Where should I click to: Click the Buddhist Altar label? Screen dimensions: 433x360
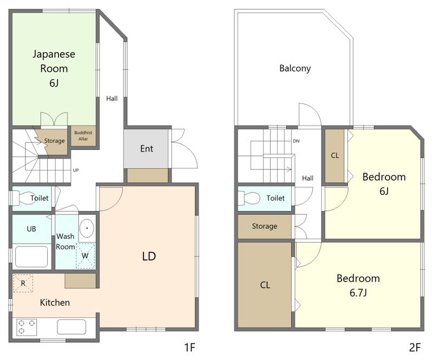[x=83, y=136]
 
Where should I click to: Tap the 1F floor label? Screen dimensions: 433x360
[x=190, y=347]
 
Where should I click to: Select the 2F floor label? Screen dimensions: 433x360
[x=415, y=347]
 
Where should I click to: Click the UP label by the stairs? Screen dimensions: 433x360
[x=76, y=170]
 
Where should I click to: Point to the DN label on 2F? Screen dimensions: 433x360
[x=296, y=141]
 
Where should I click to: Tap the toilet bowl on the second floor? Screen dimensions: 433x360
[x=248, y=198]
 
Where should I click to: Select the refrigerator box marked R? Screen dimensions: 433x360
[x=23, y=283]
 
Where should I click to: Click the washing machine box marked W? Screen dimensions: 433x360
[x=86, y=256]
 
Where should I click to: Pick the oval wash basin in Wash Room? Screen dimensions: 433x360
[x=87, y=228]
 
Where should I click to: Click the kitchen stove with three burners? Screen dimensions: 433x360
[x=27, y=327]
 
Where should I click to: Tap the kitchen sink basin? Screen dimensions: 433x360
[x=71, y=327]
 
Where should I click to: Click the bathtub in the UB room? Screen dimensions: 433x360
[x=31, y=257]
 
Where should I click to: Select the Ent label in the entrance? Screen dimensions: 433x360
[x=147, y=149]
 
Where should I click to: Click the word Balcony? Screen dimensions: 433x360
[x=295, y=68]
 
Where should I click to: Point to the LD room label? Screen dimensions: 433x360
[x=149, y=257]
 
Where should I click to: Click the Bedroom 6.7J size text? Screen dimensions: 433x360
[x=358, y=293]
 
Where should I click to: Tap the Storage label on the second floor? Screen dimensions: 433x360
[x=265, y=226]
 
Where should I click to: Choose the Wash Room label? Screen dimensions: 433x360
[x=65, y=241]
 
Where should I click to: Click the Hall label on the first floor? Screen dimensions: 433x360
[x=112, y=99]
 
